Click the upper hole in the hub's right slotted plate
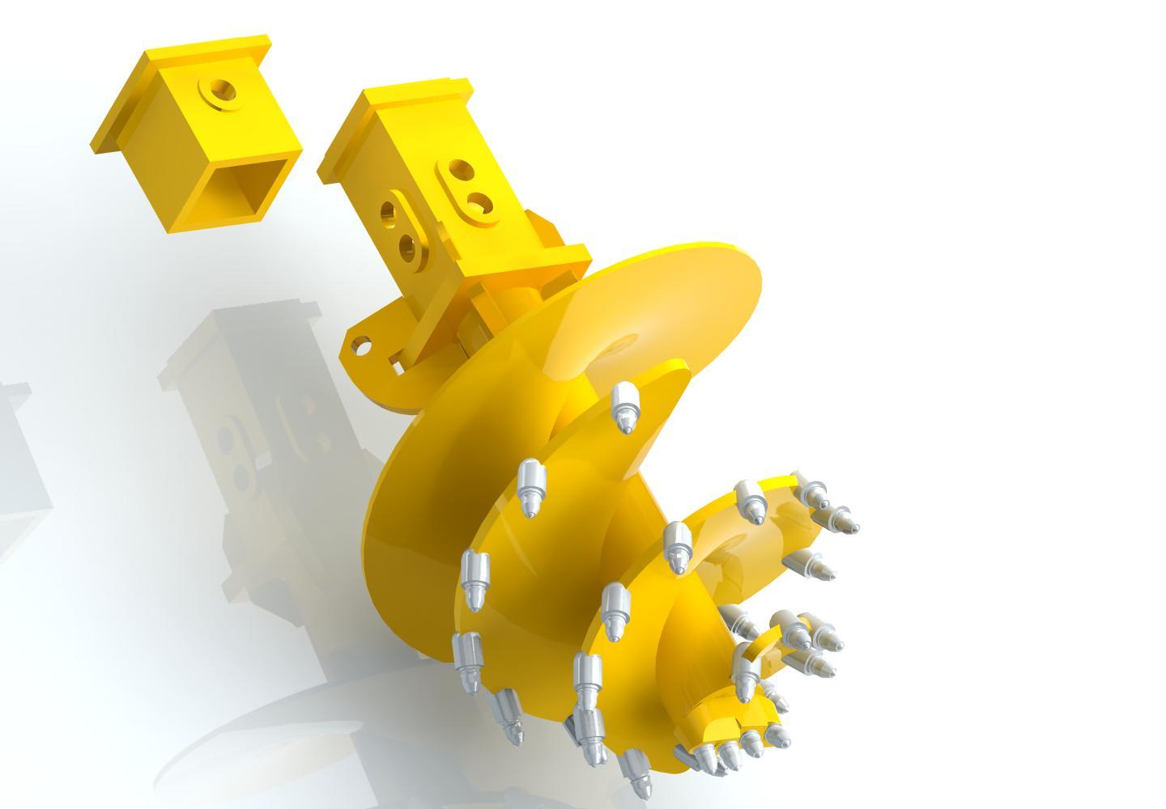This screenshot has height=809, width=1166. [x=459, y=171]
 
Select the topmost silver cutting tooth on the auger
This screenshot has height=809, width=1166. [x=623, y=407]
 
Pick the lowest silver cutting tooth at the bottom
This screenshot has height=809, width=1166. [x=635, y=773]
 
